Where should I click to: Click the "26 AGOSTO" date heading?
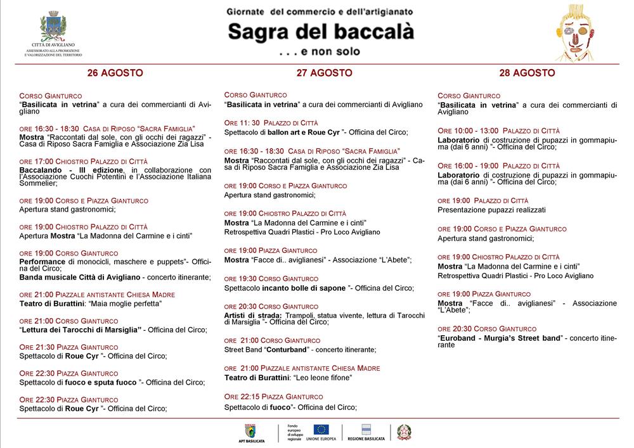115,73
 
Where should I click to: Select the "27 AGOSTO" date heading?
324,73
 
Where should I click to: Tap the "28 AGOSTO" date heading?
527,73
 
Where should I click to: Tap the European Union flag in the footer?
321,429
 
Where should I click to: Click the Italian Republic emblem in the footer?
404,432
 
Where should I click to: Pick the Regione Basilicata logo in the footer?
366,432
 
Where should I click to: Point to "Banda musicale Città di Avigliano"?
74,277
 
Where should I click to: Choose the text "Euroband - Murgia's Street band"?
500,338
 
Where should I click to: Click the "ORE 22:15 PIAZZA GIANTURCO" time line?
273,396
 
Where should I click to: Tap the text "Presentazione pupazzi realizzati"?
491,210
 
